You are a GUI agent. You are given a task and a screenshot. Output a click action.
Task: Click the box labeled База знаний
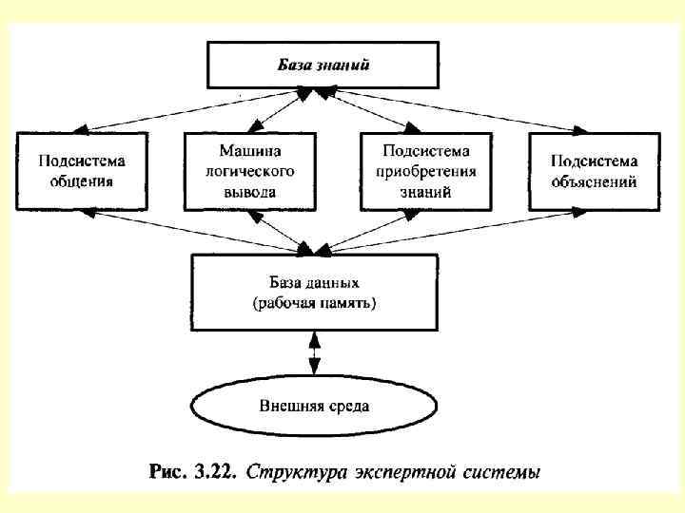[x=323, y=65]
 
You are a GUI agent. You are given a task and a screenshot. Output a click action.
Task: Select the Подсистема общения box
[x=84, y=170]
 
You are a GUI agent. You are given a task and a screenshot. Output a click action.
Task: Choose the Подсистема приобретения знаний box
[x=425, y=170]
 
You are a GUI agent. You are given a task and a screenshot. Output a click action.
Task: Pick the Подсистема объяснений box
[x=595, y=170]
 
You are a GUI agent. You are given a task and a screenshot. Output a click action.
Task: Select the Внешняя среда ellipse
[x=315, y=406]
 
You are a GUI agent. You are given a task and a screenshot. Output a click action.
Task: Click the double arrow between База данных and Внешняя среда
[x=315, y=354]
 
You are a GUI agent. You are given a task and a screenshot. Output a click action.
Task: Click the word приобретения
[x=426, y=171]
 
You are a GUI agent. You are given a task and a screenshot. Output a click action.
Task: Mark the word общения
[x=84, y=180]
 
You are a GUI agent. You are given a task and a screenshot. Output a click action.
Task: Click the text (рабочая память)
[x=315, y=303]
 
